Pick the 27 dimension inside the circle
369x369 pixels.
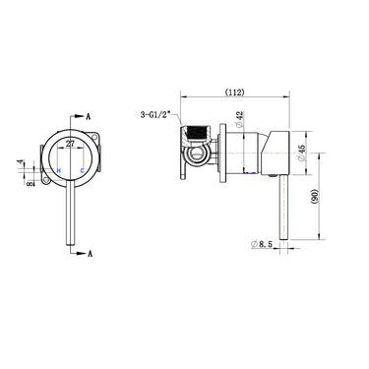[70, 144]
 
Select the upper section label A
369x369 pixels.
[90, 116]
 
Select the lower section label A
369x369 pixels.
[90, 253]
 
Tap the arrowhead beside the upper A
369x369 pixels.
[81, 115]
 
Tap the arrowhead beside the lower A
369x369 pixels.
[81, 252]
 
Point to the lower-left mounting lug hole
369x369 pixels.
[45, 178]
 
